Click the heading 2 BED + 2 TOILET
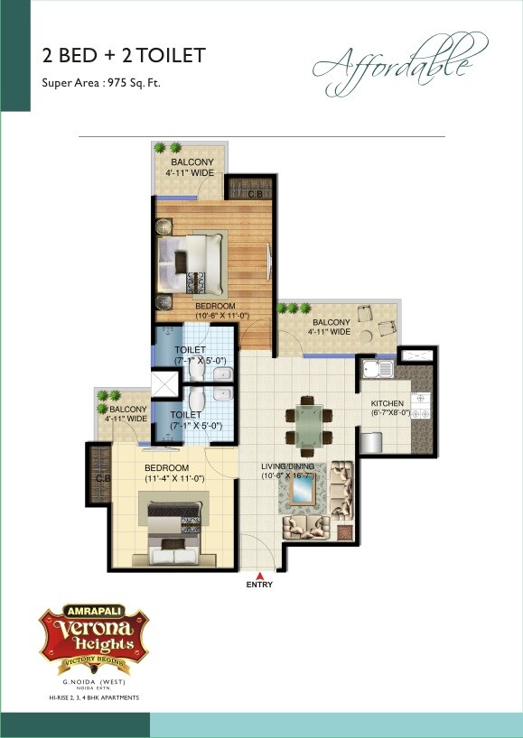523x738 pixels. [x=125, y=56]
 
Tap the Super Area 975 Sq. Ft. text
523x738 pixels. [x=102, y=83]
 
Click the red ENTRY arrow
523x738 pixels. [x=259, y=575]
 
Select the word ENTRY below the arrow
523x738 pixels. [x=259, y=586]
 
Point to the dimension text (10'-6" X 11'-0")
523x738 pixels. [x=216, y=317]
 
